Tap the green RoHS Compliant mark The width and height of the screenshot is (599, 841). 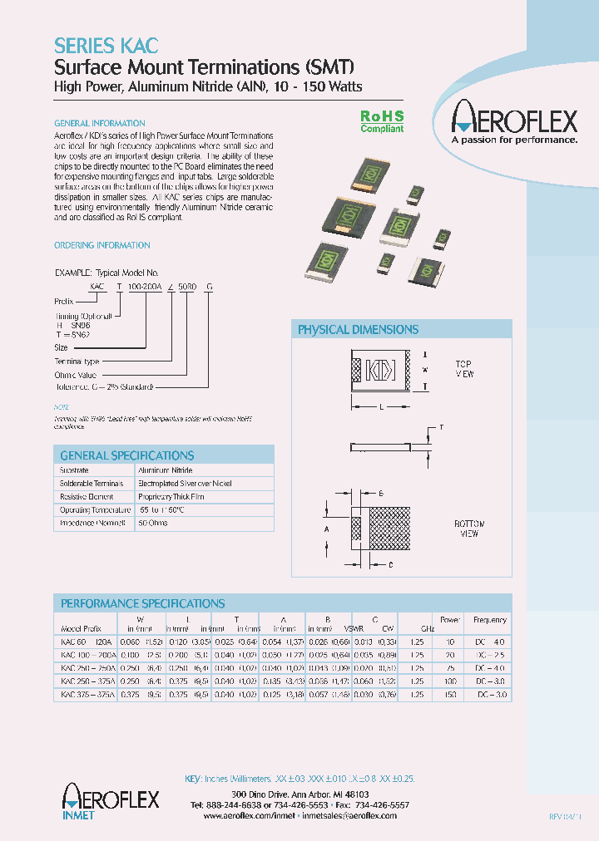click(382, 123)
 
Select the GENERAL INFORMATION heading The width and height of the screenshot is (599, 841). click(99, 123)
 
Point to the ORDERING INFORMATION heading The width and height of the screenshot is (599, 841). click(101, 245)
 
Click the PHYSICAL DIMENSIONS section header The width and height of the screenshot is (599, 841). click(358, 330)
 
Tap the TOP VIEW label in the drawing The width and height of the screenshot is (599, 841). click(463, 369)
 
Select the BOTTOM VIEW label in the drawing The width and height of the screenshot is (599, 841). click(469, 529)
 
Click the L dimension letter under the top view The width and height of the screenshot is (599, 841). click(381, 407)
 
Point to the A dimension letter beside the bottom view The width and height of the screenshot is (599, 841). click(327, 529)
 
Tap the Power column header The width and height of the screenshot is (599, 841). click(450, 620)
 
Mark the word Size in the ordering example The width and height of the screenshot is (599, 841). click(62, 347)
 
